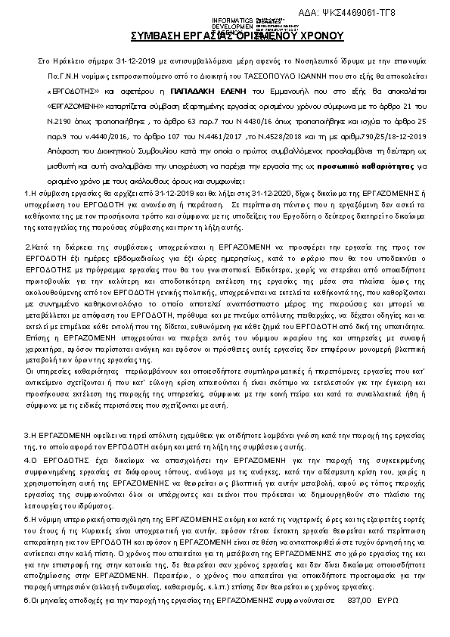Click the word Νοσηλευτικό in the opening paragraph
(306, 59)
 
